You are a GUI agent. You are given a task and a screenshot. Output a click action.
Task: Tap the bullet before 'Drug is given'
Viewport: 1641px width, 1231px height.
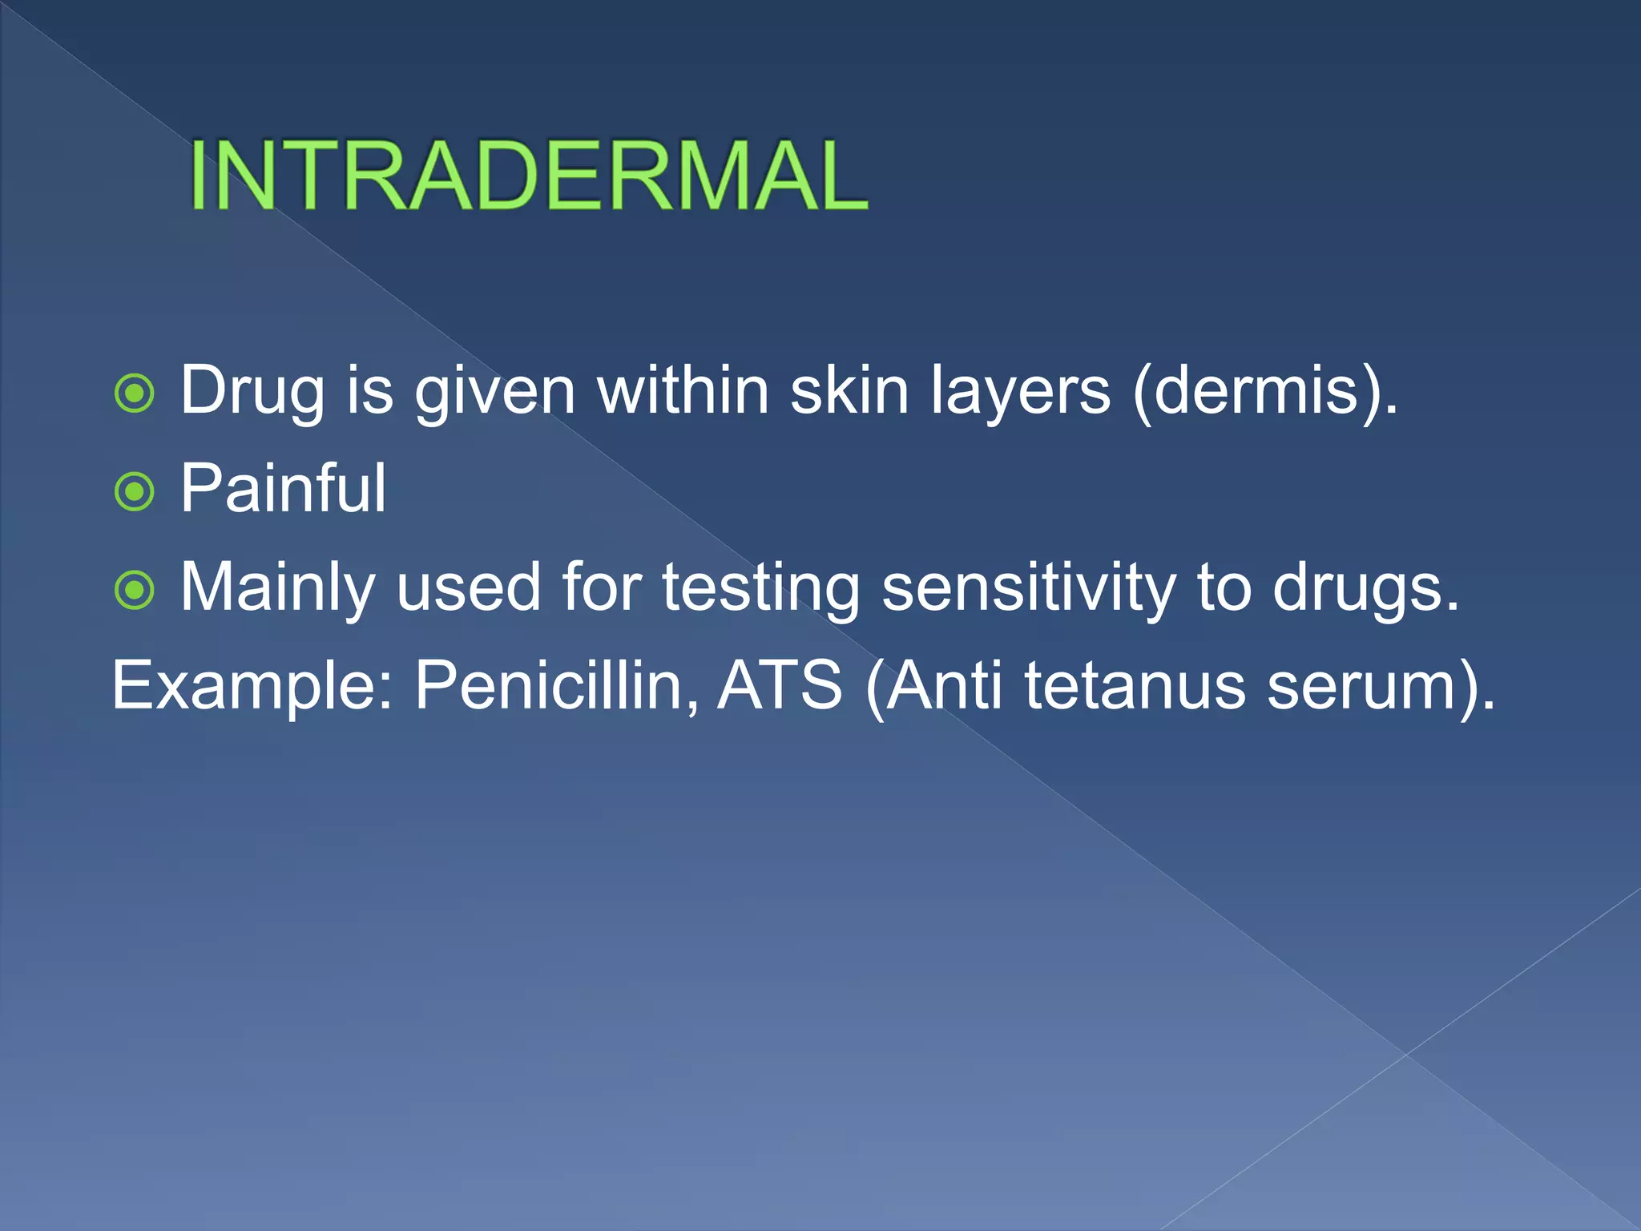[x=135, y=393]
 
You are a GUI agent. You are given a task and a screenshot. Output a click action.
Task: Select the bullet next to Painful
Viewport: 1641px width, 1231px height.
[x=135, y=491]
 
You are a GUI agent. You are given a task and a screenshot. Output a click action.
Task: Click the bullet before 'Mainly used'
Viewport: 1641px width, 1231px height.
[x=135, y=590]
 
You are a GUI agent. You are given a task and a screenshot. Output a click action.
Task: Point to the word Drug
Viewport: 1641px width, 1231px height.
[x=252, y=391]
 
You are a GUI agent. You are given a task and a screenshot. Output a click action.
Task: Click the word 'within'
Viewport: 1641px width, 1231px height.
[x=683, y=391]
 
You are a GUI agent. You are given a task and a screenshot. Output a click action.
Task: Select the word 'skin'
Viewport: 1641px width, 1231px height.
[x=849, y=391]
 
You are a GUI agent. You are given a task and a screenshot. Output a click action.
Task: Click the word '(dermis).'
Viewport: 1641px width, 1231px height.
[x=1266, y=391]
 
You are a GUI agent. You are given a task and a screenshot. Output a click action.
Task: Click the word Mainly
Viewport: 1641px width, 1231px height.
[x=277, y=588]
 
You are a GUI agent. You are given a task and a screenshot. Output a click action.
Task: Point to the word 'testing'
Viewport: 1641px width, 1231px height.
[x=760, y=588]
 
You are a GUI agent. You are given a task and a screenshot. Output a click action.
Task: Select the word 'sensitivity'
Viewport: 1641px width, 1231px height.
[x=1028, y=588]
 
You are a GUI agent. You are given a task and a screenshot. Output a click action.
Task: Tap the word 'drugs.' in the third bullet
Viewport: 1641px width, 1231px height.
[x=1366, y=588]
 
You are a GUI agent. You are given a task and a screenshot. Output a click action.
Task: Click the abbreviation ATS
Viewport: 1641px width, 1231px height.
[x=780, y=687]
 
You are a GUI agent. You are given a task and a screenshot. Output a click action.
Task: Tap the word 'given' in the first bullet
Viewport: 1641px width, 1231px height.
[x=494, y=391]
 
